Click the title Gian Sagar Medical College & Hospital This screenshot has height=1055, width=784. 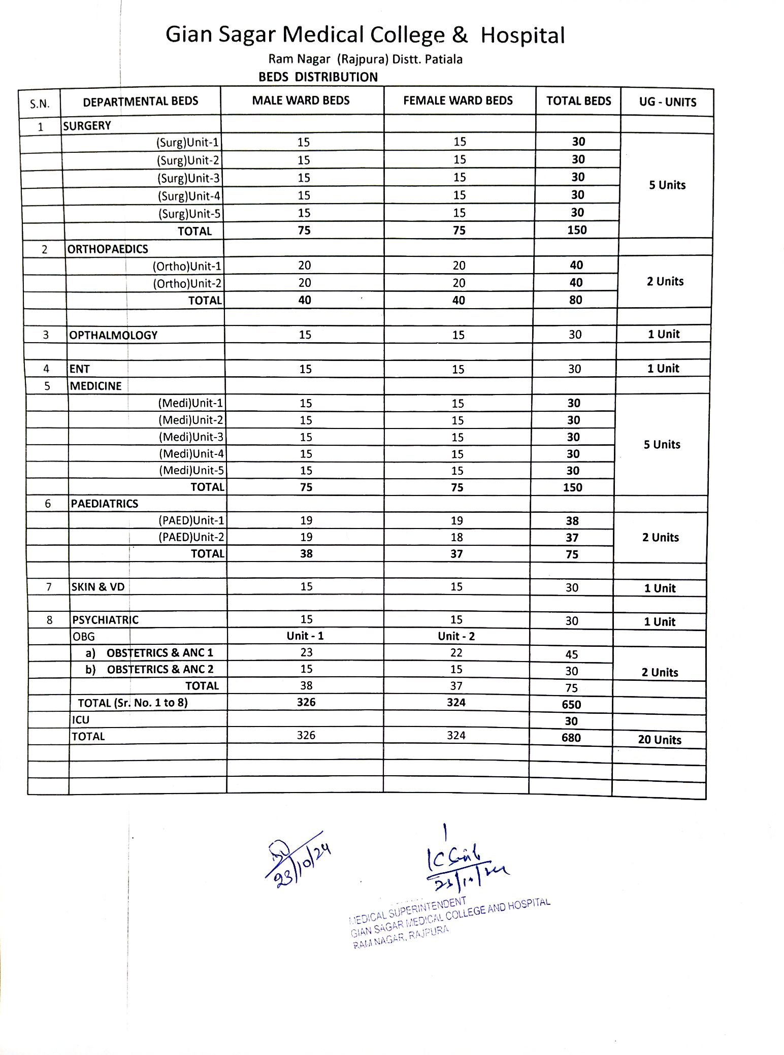click(x=365, y=36)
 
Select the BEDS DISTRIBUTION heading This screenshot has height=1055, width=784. click(x=318, y=77)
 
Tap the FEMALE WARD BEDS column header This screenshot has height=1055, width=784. click(x=458, y=101)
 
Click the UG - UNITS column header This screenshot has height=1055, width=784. click(x=667, y=102)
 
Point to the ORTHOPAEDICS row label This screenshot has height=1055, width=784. click(x=108, y=249)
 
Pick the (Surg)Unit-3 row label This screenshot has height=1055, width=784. click(x=188, y=178)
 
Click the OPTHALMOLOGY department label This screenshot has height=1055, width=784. click(x=113, y=335)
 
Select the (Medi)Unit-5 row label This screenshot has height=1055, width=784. click(x=191, y=470)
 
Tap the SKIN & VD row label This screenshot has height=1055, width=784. click(x=98, y=587)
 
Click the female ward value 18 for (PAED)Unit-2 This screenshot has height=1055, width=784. click(x=456, y=537)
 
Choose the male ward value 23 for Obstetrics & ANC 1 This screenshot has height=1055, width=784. click(x=306, y=652)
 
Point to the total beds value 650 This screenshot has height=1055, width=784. click(x=571, y=704)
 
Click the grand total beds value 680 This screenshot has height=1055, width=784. click(x=571, y=738)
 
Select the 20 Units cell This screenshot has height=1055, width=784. click(x=660, y=740)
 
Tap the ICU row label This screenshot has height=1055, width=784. click(x=81, y=720)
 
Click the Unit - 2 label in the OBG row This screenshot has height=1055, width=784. click(x=456, y=636)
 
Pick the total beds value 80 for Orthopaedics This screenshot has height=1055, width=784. click(x=575, y=300)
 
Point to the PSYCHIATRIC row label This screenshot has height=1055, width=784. click(x=105, y=620)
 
